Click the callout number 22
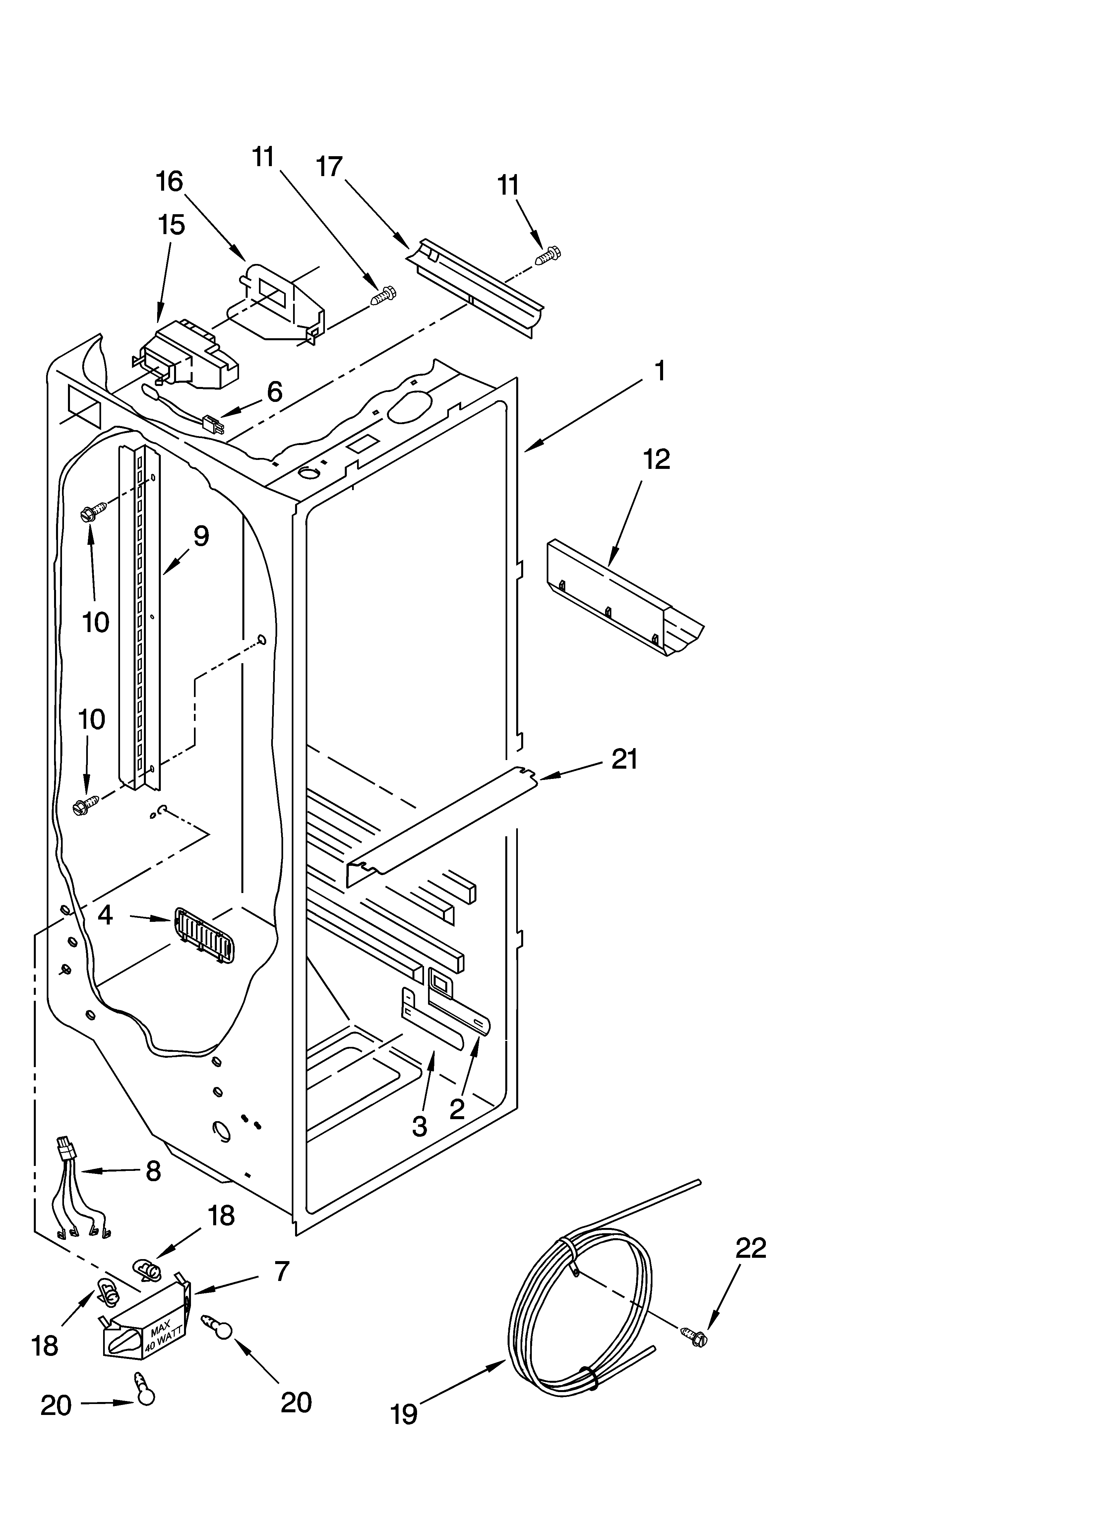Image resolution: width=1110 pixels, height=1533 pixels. tap(750, 1248)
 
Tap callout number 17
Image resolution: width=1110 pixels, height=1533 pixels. tap(330, 166)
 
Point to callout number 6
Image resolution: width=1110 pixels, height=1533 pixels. tap(275, 392)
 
